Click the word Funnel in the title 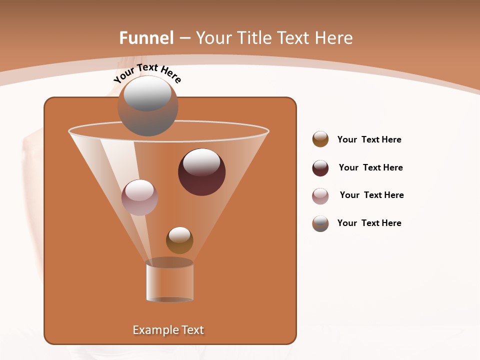pos(146,38)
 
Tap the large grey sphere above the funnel pos(147,106)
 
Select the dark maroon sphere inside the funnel pos(202,172)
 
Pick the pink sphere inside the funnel pos(139,197)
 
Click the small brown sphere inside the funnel pos(179,240)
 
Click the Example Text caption pos(168,330)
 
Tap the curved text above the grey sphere pos(147,73)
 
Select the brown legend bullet pos(320,139)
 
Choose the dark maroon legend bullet pos(320,168)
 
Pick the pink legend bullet pos(320,196)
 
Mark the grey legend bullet pos(320,223)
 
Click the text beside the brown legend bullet pos(369,139)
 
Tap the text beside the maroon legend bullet pos(370,167)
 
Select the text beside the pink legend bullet pos(371,195)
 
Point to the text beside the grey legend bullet pos(369,223)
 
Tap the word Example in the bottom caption pos(153,330)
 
